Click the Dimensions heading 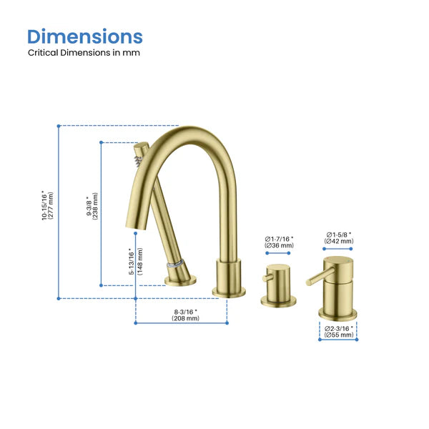(x=85, y=36)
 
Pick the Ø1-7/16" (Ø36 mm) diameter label (x=279, y=242)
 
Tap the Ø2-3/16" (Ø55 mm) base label (x=339, y=331)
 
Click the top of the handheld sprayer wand (x=142, y=148)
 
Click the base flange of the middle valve (x=279, y=301)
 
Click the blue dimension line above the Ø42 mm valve (x=338, y=249)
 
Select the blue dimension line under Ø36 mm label (x=279, y=253)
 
